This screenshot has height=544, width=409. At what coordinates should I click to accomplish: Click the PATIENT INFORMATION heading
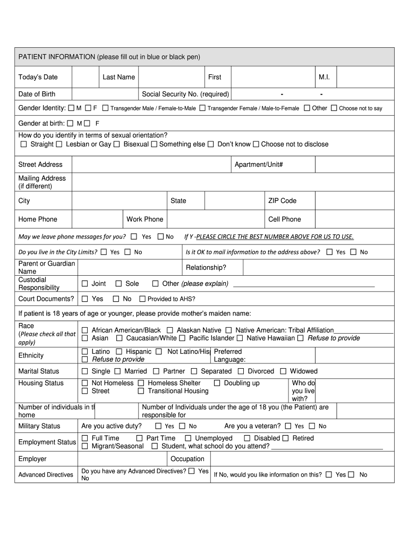[x=109, y=57]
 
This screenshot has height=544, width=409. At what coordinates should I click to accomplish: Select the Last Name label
[x=118, y=77]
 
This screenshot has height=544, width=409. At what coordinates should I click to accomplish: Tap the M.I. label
[x=324, y=77]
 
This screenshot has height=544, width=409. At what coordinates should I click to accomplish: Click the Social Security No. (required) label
[x=185, y=94]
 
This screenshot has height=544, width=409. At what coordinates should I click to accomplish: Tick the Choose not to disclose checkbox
[x=256, y=144]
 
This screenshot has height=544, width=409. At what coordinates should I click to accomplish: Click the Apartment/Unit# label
[x=259, y=164]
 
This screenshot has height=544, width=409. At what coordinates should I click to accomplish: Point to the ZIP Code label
[x=282, y=201]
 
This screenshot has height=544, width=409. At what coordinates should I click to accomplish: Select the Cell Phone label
[x=284, y=219]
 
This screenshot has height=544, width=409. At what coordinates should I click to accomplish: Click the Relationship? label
[x=206, y=267]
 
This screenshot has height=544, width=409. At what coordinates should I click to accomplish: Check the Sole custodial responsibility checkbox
[x=118, y=284]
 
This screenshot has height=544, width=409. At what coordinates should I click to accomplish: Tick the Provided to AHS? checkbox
[x=142, y=299]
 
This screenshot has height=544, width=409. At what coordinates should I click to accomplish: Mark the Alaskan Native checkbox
[x=170, y=330]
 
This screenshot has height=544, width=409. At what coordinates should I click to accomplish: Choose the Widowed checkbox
[x=283, y=371]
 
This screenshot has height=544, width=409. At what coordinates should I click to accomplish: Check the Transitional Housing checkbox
[x=141, y=391]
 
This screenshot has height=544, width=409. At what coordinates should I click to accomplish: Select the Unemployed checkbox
[x=189, y=438]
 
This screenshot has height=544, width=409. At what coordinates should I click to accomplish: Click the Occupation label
[x=187, y=459]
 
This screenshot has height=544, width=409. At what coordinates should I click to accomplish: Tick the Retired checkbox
[x=286, y=438]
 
